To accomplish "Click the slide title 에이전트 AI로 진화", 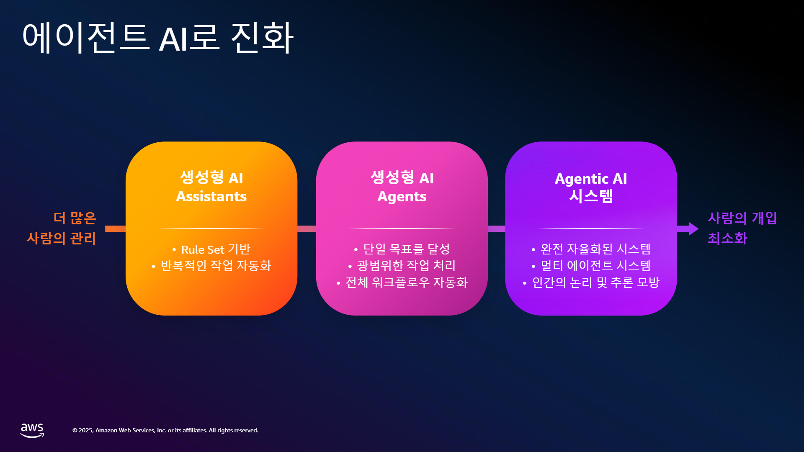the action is pos(158,38).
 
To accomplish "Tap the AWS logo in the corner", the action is pos(32,430).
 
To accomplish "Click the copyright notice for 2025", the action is pos(165,430).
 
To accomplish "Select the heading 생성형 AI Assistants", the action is pos(211,187).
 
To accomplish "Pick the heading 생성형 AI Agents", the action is pos(402,187).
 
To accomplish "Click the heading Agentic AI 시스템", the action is pos(591,187).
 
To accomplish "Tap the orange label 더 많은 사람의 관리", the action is pos(62,228).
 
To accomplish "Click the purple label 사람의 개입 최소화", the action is pos(742,228).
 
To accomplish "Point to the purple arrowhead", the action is pos(693,229).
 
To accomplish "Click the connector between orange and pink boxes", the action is pos(307,229).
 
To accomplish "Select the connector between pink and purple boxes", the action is pos(497,229).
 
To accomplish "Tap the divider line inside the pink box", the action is pos(402,229).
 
